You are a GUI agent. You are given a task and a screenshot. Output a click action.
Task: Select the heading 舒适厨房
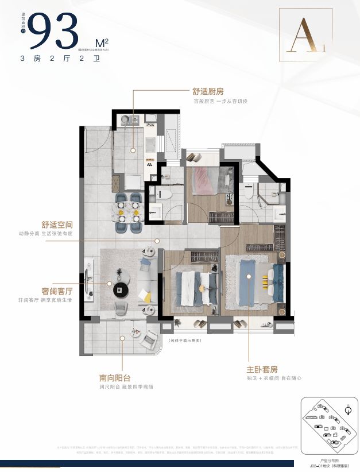coord(208,91)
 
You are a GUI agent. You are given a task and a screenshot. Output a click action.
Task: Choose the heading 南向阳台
coord(114,378)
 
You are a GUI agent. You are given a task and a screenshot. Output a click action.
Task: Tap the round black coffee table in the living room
coord(122,288)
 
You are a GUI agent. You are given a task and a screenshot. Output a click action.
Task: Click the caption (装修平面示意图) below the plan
coord(186,340)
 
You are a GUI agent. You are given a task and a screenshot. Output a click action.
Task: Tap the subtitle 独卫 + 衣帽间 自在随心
coord(273,378)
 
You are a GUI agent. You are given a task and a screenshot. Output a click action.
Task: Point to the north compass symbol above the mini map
coord(347,409)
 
